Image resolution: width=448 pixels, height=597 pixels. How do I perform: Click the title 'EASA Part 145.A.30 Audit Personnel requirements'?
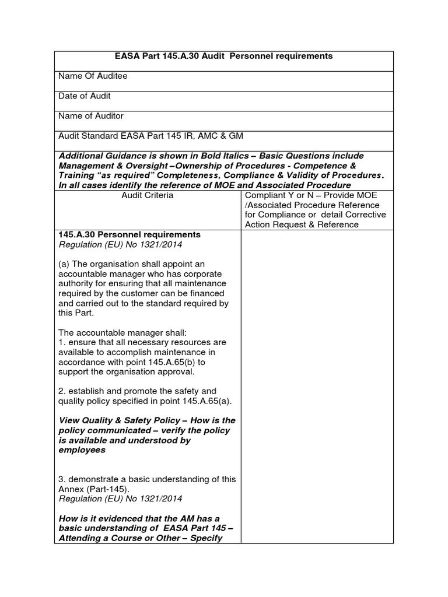[x=223, y=57]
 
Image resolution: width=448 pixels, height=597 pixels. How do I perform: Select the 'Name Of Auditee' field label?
[x=93, y=76]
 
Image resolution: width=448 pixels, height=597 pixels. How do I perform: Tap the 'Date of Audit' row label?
[x=85, y=96]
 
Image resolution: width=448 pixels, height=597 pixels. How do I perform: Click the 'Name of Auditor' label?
[x=91, y=116]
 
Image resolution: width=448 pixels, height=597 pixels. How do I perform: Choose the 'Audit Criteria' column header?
[x=147, y=196]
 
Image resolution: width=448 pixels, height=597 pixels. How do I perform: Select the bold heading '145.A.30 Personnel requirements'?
[x=129, y=234]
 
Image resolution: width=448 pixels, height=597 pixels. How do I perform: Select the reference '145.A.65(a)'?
[x=194, y=401]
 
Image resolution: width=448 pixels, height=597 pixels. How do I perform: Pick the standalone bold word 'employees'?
[x=82, y=450]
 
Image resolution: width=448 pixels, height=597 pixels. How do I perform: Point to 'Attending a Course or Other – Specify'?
[x=140, y=538]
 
